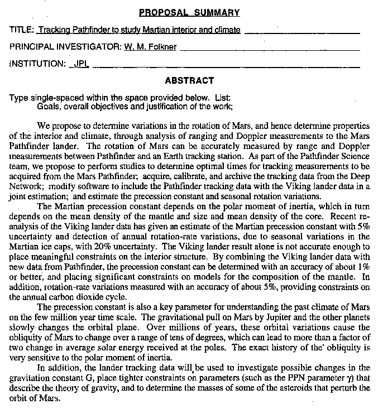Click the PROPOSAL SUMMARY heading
click(x=189, y=12)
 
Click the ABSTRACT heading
click(x=189, y=80)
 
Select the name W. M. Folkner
click(x=150, y=47)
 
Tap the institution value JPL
click(x=82, y=64)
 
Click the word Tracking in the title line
click(x=57, y=30)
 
